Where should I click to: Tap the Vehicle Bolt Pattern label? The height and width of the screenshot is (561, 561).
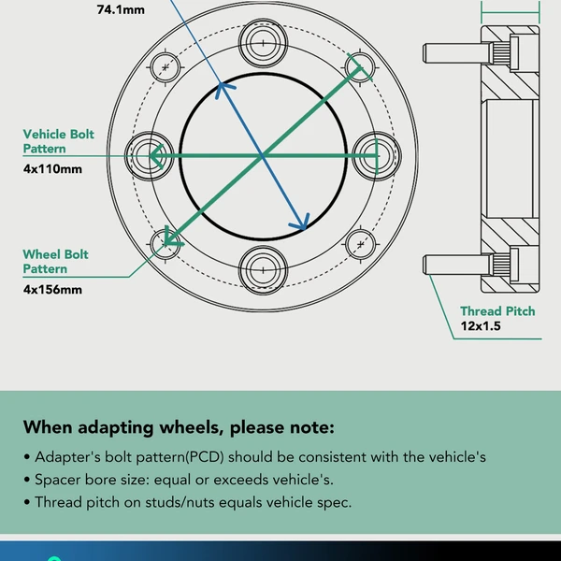58,141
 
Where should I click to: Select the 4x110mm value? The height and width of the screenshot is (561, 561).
52,169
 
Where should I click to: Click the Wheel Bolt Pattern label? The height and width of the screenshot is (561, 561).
55,261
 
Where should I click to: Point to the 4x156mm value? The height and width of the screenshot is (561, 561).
52,289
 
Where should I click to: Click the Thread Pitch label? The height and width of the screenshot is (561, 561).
497,310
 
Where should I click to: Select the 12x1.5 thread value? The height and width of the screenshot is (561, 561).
482,327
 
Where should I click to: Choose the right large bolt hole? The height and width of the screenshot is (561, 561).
377,154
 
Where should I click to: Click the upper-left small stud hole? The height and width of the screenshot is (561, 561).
166,67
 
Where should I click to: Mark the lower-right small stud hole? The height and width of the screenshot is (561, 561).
359,244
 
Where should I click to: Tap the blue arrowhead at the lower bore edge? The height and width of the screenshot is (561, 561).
301,223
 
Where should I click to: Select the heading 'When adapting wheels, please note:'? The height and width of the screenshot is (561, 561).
178,428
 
